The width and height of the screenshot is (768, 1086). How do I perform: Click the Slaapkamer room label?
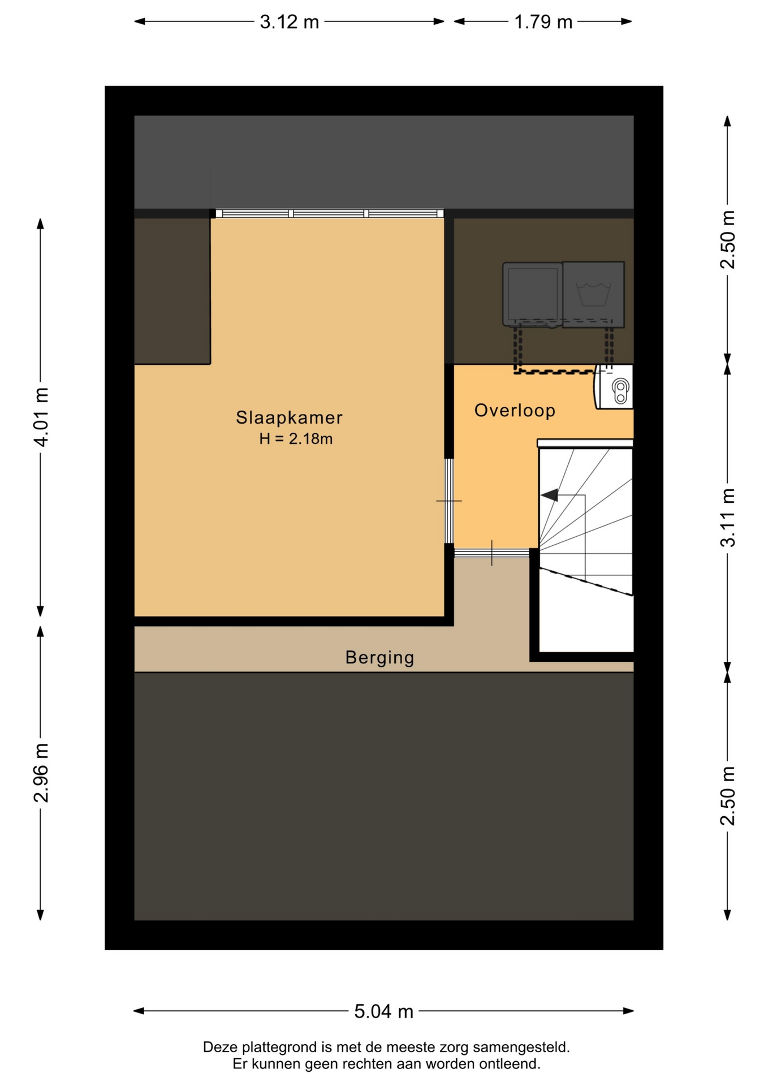point(289,417)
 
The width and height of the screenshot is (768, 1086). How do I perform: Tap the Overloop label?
point(515,411)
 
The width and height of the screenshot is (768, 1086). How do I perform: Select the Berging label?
point(380,658)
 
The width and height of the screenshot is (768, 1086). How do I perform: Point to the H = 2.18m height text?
point(296,438)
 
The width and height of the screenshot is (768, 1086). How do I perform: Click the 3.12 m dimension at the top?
point(289,22)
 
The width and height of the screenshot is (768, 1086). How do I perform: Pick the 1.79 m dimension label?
point(543,22)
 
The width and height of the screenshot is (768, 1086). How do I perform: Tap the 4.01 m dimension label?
point(42,417)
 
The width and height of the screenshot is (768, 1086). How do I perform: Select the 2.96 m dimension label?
point(42,773)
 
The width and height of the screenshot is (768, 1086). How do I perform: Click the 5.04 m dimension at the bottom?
point(384,1011)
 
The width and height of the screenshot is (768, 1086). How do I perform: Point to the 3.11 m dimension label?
point(728,518)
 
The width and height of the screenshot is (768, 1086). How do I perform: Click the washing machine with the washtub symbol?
point(593,294)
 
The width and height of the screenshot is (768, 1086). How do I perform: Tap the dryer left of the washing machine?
point(533,294)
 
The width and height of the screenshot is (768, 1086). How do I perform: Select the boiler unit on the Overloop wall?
point(613,387)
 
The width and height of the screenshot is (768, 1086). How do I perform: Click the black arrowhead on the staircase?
point(550,495)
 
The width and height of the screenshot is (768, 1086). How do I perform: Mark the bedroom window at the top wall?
point(330,213)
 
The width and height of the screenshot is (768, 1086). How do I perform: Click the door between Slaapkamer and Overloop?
point(449,501)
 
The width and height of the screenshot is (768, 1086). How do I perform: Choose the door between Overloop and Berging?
point(492,553)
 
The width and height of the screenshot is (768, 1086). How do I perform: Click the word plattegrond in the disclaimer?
point(266,1048)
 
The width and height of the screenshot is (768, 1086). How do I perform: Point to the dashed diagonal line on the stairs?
point(586,581)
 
